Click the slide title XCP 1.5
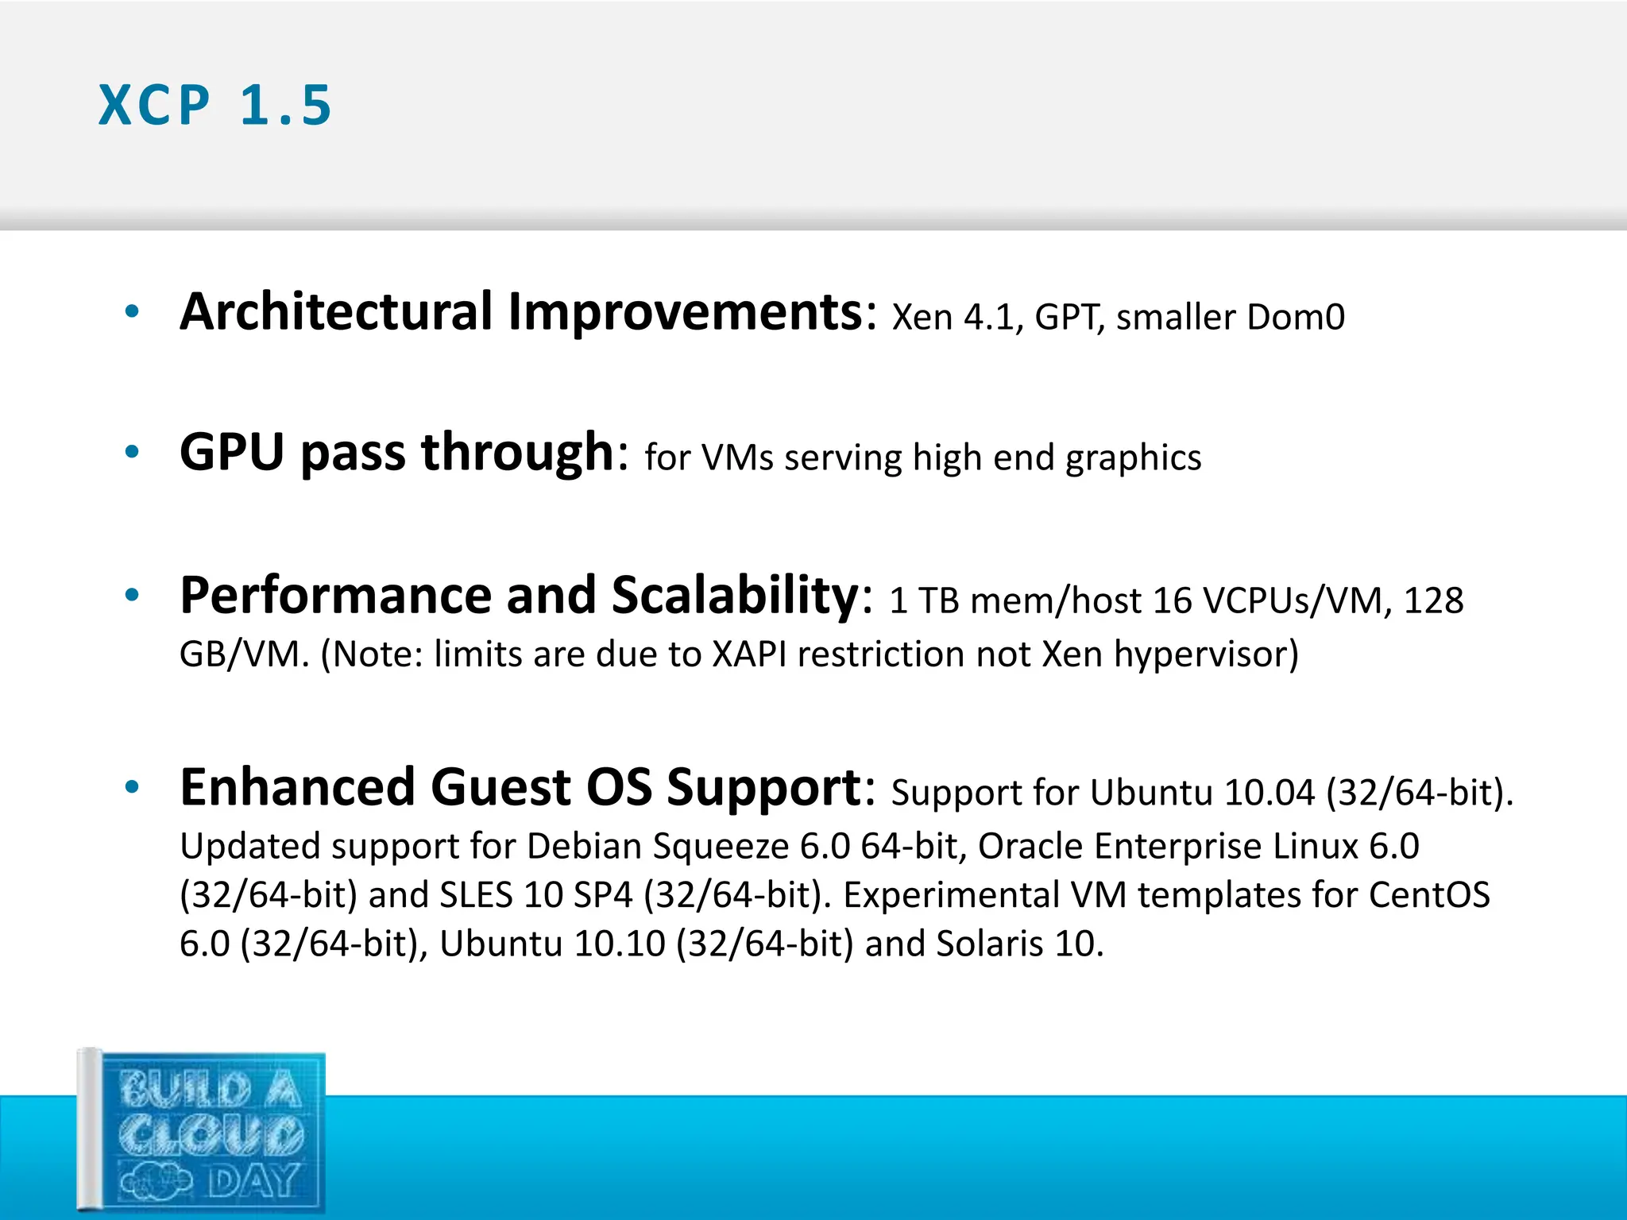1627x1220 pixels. (214, 105)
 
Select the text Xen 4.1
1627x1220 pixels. (956, 317)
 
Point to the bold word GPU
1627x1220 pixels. (231, 452)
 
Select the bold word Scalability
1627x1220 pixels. (735, 595)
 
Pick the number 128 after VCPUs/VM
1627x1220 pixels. (1433, 600)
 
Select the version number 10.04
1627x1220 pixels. (1270, 793)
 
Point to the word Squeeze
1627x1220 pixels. (720, 847)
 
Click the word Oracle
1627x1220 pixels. (1030, 846)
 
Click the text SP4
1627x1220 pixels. (603, 895)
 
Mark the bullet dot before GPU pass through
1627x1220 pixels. (132, 452)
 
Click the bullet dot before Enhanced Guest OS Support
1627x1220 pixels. (132, 787)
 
